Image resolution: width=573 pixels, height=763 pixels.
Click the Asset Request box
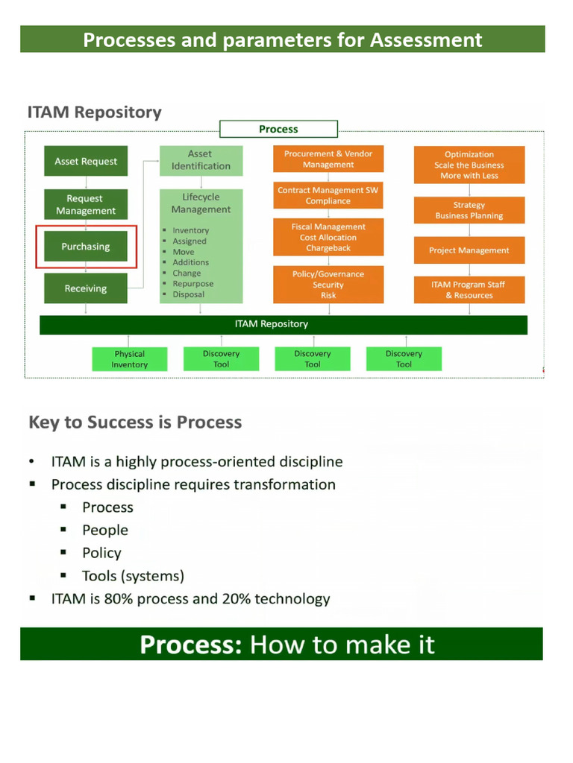(x=86, y=162)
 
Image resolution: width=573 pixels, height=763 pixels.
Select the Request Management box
(x=86, y=205)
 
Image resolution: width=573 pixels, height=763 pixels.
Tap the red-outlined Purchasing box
(x=86, y=247)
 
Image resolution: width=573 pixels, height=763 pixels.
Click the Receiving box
(x=86, y=289)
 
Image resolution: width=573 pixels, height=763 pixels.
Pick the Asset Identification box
(x=201, y=160)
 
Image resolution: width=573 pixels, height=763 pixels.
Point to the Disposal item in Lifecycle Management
(x=188, y=294)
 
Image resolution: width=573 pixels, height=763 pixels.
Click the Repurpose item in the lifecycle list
(x=192, y=284)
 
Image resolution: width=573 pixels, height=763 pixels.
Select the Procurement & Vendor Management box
(x=328, y=159)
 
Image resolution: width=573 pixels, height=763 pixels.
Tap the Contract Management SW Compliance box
(x=328, y=196)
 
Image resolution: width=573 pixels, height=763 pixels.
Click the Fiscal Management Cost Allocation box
(x=328, y=238)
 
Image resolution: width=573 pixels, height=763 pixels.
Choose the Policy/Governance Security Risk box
(x=328, y=285)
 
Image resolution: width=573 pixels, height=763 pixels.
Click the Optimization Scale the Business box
(x=469, y=165)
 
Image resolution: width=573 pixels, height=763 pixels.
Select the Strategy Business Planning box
(x=469, y=211)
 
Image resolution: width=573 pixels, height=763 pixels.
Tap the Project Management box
(x=469, y=251)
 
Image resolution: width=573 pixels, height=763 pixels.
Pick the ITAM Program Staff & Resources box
(x=469, y=290)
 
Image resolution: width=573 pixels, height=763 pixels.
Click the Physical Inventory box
(x=130, y=359)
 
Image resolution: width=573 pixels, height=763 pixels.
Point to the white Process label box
(x=278, y=129)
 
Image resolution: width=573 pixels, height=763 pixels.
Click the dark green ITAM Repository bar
(x=284, y=324)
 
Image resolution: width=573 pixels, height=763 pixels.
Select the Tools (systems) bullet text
(x=133, y=576)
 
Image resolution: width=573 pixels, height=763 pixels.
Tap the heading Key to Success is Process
(x=135, y=422)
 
